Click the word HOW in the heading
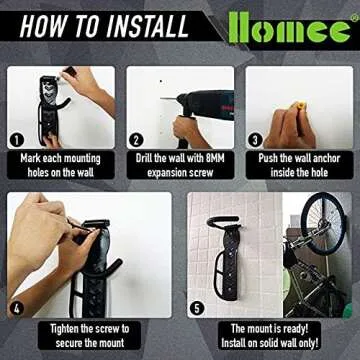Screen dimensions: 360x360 tap(41, 25)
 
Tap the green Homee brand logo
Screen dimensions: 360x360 tap(291, 27)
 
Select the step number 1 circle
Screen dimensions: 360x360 tap(15, 140)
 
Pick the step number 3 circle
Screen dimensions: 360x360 tap(256, 140)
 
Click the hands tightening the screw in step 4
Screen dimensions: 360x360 tap(45, 240)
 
